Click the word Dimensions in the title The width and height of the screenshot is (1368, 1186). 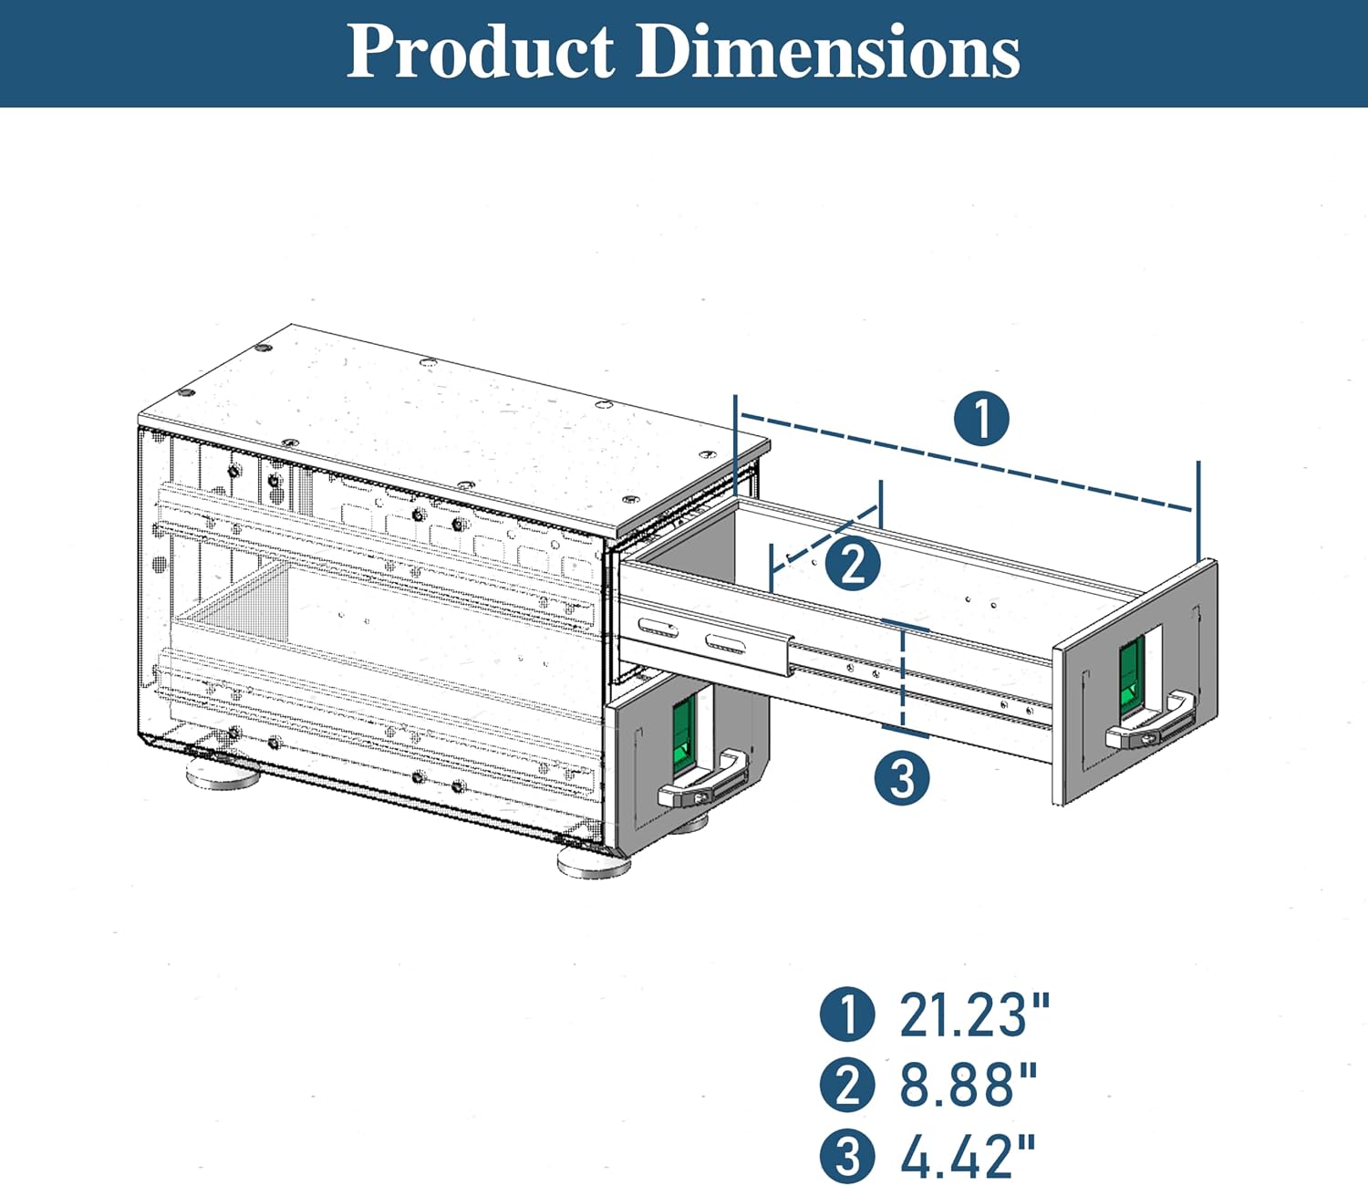pos(828,52)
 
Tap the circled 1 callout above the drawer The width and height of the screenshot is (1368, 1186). pos(981,419)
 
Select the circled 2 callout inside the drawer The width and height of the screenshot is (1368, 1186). pos(853,564)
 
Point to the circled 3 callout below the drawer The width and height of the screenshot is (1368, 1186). pos(902,777)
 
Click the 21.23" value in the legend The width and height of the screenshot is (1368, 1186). pos(975,1014)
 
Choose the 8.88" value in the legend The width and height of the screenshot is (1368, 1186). pos(969,1084)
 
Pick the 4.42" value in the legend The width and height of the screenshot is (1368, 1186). pos(968,1154)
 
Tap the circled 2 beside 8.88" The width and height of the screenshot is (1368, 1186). pos(847,1085)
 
